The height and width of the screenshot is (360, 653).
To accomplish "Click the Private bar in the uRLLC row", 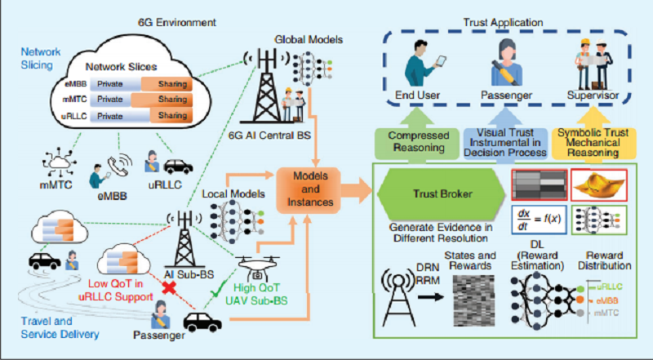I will pos(115,116).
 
